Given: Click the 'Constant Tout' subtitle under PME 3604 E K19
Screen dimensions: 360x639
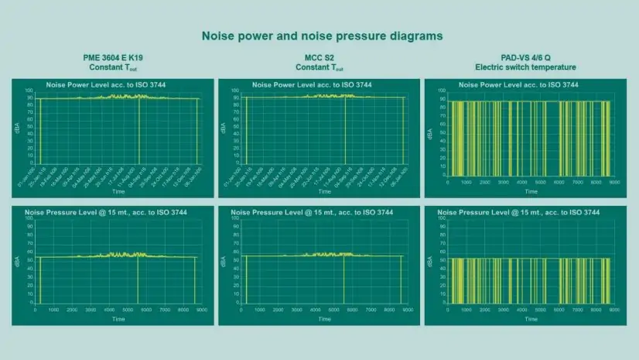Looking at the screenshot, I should (x=114, y=67).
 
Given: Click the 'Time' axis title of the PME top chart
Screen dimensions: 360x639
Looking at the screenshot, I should (x=119, y=190).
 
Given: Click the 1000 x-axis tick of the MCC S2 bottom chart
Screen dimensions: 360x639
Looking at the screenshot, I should (x=260, y=310).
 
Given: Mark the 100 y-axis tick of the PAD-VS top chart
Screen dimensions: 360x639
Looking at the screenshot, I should (x=442, y=91).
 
